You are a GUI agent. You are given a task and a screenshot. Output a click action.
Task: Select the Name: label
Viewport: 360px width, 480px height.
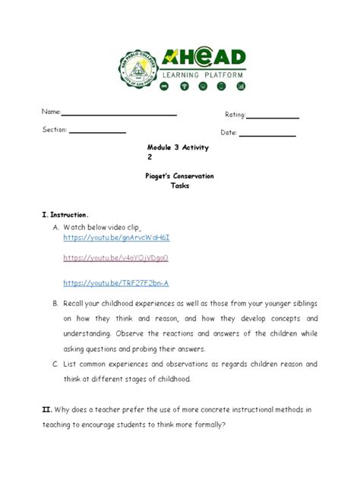51,112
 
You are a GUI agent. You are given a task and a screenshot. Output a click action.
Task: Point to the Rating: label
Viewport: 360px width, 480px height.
235,115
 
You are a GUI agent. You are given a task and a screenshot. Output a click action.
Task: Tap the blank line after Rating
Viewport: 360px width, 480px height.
273,118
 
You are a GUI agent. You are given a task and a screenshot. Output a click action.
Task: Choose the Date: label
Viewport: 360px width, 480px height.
229,133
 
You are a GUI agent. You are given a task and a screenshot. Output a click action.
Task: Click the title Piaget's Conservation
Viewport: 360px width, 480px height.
179,176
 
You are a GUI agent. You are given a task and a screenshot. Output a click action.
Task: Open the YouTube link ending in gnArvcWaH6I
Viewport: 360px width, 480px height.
116,238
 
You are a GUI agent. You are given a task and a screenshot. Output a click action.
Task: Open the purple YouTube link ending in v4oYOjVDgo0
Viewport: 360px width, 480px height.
115,258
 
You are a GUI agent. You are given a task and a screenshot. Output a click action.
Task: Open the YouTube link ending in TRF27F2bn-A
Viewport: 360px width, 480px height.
115,283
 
